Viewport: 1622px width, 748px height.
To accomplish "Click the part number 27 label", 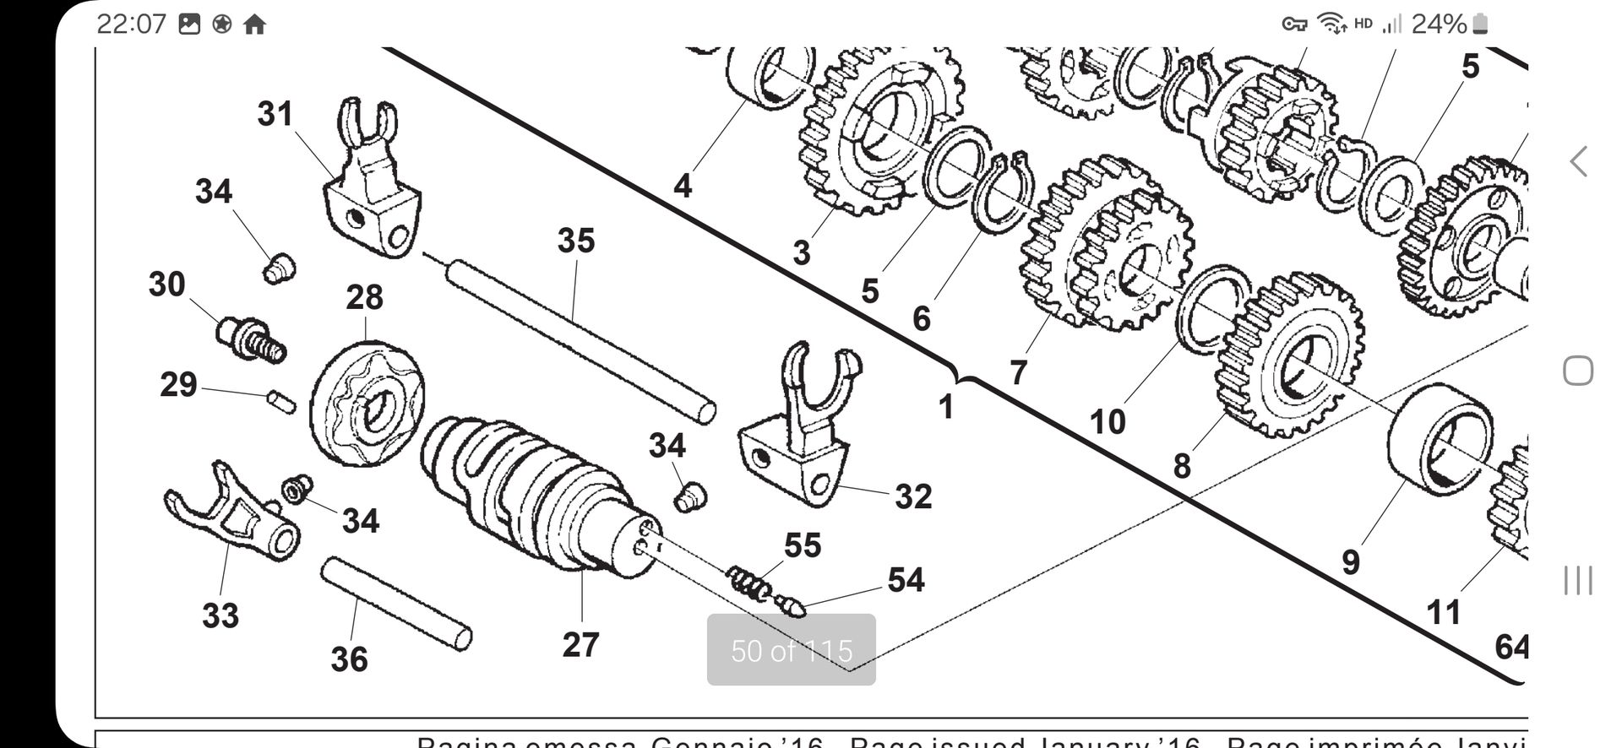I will click(x=580, y=645).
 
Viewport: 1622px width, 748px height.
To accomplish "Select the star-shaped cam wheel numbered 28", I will click(x=367, y=403).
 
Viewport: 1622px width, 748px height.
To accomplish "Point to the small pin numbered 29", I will click(x=282, y=401).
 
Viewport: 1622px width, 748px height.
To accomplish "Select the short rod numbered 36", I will click(x=395, y=604).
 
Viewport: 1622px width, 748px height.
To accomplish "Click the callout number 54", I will click(x=906, y=580).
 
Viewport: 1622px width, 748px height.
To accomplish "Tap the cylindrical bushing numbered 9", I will click(x=1439, y=439).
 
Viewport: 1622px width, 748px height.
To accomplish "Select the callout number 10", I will click(x=1107, y=421).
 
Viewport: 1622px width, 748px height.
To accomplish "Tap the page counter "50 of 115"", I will click(x=792, y=650).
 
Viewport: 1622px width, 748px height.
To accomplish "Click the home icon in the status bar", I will click(x=254, y=24).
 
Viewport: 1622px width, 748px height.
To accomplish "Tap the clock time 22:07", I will click(x=131, y=24).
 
